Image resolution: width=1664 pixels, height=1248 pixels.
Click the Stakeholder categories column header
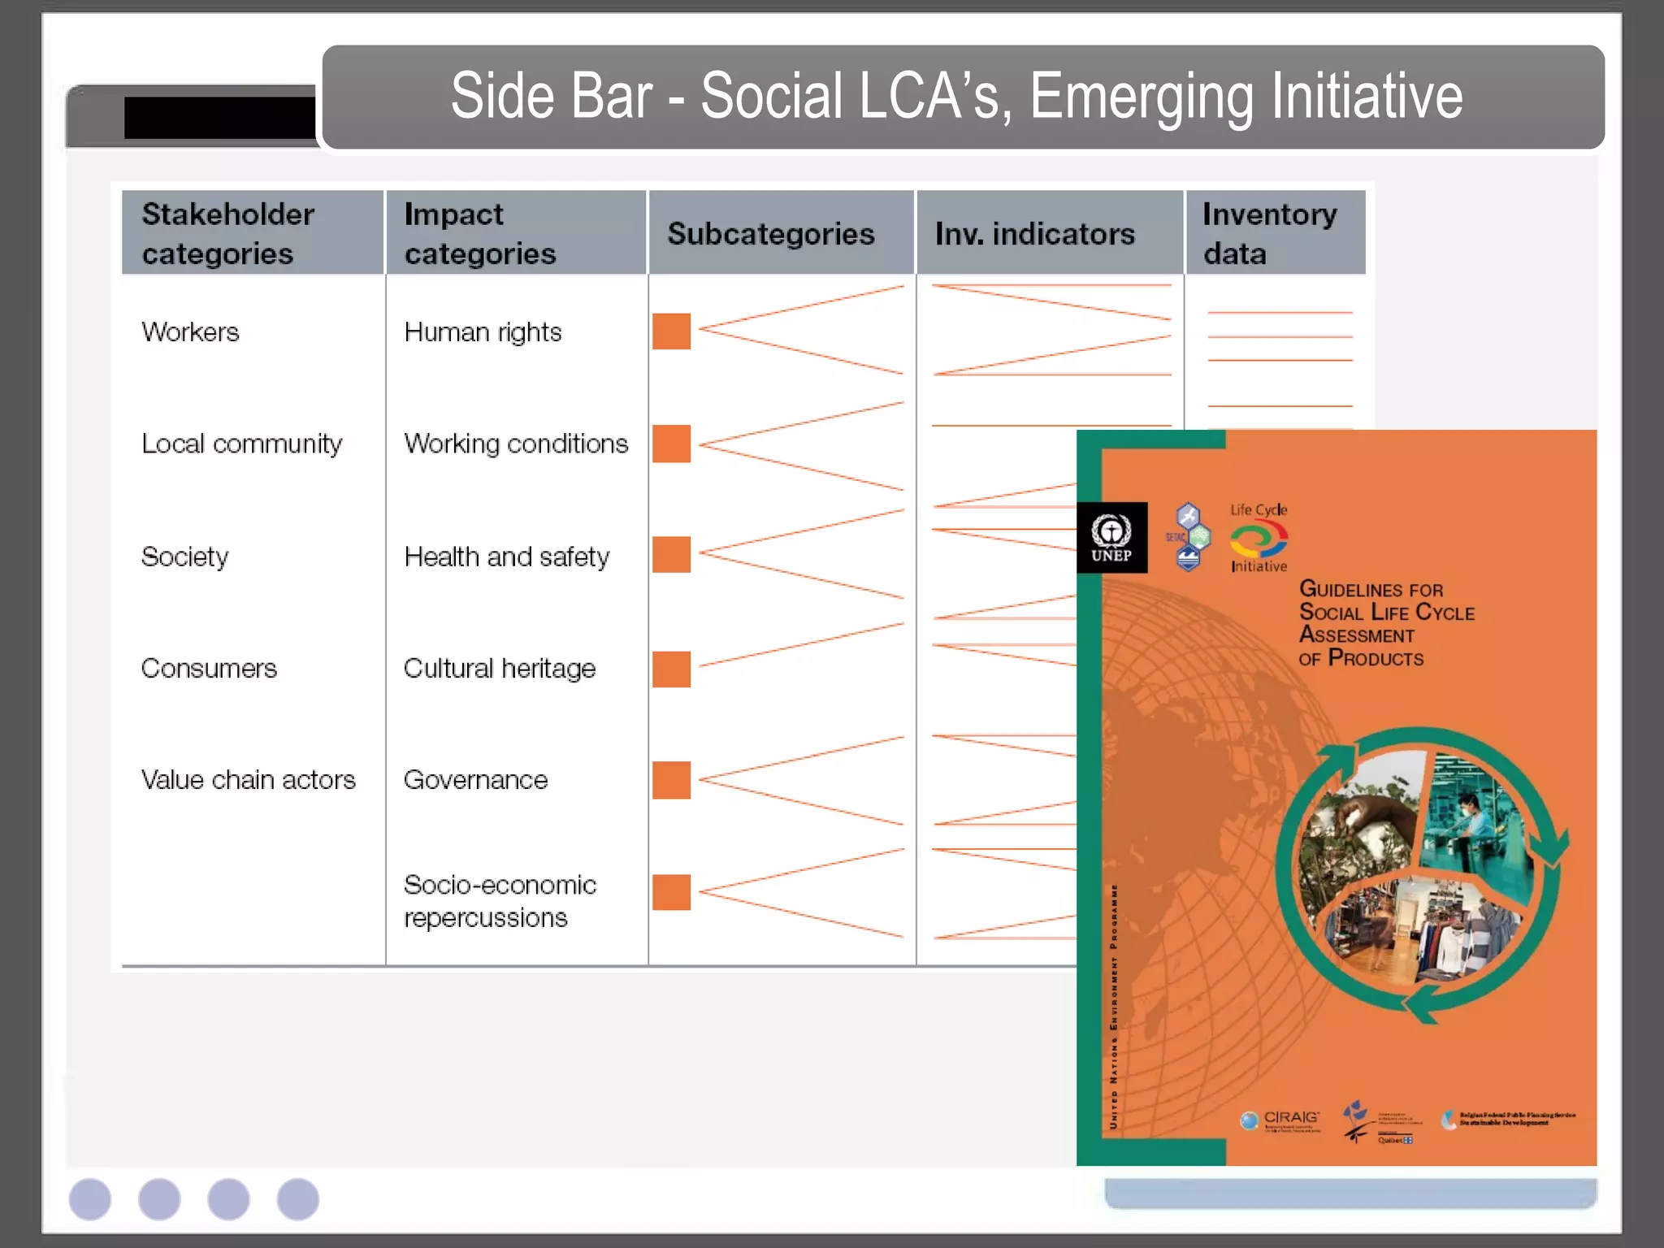click(x=228, y=233)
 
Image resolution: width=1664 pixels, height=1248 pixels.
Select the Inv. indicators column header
click(x=1034, y=234)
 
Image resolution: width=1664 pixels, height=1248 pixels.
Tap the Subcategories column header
click(x=771, y=234)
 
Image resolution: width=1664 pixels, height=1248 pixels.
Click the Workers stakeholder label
click(x=190, y=331)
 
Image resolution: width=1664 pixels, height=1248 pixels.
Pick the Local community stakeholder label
click(x=241, y=444)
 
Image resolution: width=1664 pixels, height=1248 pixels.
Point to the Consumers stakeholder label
click(x=209, y=668)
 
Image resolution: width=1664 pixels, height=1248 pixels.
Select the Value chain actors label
click(x=248, y=779)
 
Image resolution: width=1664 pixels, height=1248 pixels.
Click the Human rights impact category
click(x=483, y=331)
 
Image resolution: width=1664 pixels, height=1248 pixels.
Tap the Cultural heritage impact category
click(x=499, y=668)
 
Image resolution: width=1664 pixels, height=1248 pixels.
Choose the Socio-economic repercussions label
click(x=499, y=900)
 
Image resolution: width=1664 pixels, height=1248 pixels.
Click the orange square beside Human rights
click(x=671, y=331)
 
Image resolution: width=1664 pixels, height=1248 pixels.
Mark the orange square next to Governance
click(x=671, y=780)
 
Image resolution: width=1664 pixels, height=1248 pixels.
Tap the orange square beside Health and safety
click(x=671, y=554)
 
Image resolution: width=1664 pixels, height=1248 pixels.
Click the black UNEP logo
click(x=1111, y=538)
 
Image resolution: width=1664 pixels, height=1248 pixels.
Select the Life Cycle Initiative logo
click(x=1259, y=538)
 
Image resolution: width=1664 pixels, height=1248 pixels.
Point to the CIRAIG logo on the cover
click(x=1282, y=1120)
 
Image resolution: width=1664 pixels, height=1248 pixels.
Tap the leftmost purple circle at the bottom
click(x=90, y=1199)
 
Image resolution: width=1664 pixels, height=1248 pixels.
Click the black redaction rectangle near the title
click(x=219, y=118)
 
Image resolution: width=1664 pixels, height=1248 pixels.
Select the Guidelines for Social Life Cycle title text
click(x=1385, y=622)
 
